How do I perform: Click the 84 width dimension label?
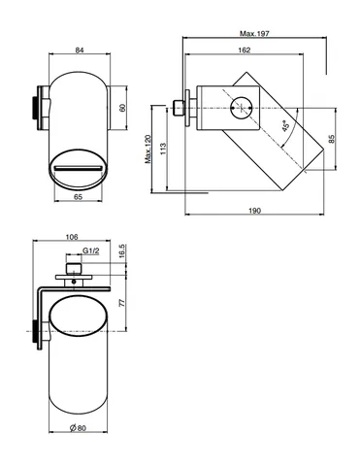[80, 50]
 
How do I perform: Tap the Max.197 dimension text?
[254, 33]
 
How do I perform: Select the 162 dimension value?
[245, 50]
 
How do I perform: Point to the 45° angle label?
[285, 126]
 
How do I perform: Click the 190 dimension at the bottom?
[254, 211]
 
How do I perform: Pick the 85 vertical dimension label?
[331, 139]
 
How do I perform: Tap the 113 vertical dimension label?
[163, 149]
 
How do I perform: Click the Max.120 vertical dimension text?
[147, 150]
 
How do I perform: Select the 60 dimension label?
[122, 108]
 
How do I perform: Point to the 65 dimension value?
[79, 197]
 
